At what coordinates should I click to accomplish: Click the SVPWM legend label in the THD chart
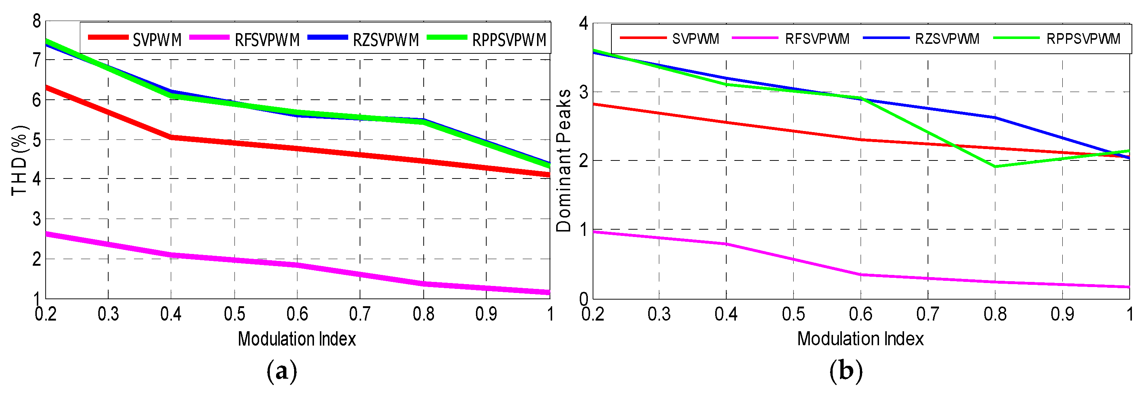click(157, 40)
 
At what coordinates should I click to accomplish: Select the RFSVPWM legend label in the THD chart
click(267, 40)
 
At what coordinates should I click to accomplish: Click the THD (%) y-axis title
click(20, 160)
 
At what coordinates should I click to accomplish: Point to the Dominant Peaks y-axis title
click(564, 160)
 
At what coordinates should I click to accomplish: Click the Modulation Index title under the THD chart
click(297, 339)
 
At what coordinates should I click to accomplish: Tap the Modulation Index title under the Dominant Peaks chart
click(860, 339)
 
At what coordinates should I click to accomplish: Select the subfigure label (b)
click(846, 371)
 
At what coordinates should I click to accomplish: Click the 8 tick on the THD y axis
click(37, 21)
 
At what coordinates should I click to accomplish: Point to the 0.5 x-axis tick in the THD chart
click(234, 314)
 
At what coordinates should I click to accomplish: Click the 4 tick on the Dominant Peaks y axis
click(584, 23)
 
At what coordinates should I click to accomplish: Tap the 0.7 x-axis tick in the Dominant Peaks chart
click(927, 314)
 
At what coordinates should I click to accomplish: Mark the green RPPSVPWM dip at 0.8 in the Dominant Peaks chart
click(995, 167)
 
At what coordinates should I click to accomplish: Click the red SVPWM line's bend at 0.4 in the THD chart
click(171, 138)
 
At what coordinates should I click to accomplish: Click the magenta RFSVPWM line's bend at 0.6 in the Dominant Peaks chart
click(861, 275)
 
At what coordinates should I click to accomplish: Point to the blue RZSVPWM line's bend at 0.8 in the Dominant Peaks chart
click(995, 117)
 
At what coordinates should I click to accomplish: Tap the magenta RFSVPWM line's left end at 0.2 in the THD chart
click(47, 234)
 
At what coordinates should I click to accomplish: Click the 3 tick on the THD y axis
click(37, 219)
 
